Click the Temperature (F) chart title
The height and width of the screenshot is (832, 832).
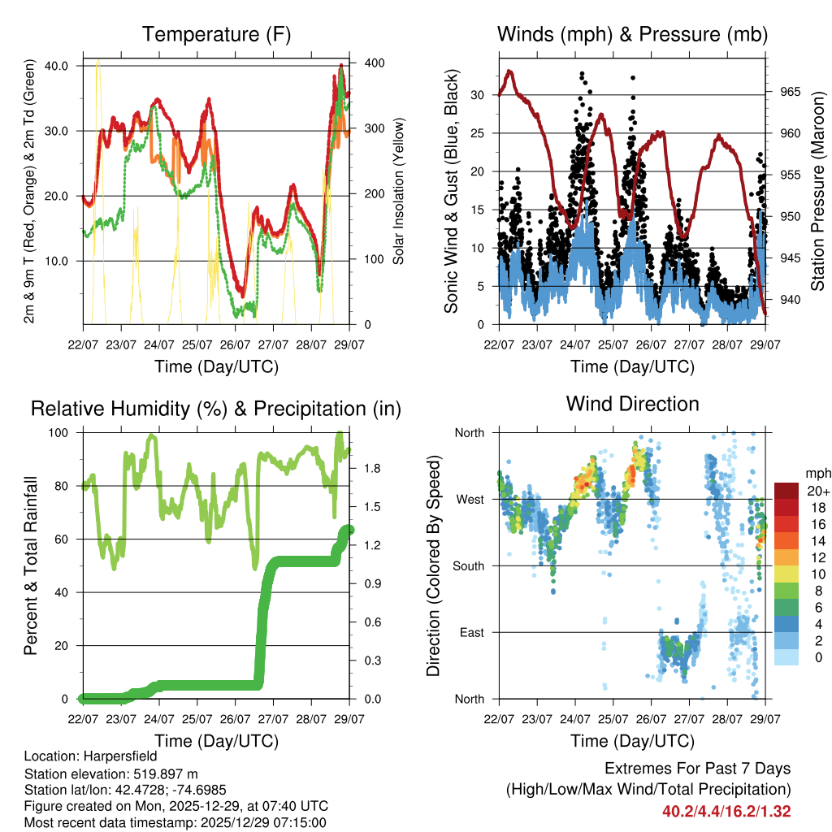pyautogui.click(x=216, y=34)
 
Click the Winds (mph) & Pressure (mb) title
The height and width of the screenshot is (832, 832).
pyautogui.click(x=632, y=34)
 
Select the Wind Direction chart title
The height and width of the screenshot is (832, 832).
pyautogui.click(x=632, y=403)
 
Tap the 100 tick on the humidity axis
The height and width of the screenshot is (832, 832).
pyautogui.click(x=66, y=433)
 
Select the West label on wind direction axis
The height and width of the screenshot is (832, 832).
pyautogui.click(x=470, y=499)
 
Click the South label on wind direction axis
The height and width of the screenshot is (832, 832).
pyautogui.click(x=468, y=565)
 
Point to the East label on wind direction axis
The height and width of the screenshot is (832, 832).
pyautogui.click(x=471, y=632)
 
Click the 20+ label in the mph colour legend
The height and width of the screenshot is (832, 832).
pyautogui.click(x=817, y=491)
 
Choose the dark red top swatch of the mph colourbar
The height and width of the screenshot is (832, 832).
pyautogui.click(x=786, y=491)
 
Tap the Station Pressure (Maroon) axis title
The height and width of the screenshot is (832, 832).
pyautogui.click(x=817, y=192)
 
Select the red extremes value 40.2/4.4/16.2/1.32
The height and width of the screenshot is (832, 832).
pyautogui.click(x=726, y=811)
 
